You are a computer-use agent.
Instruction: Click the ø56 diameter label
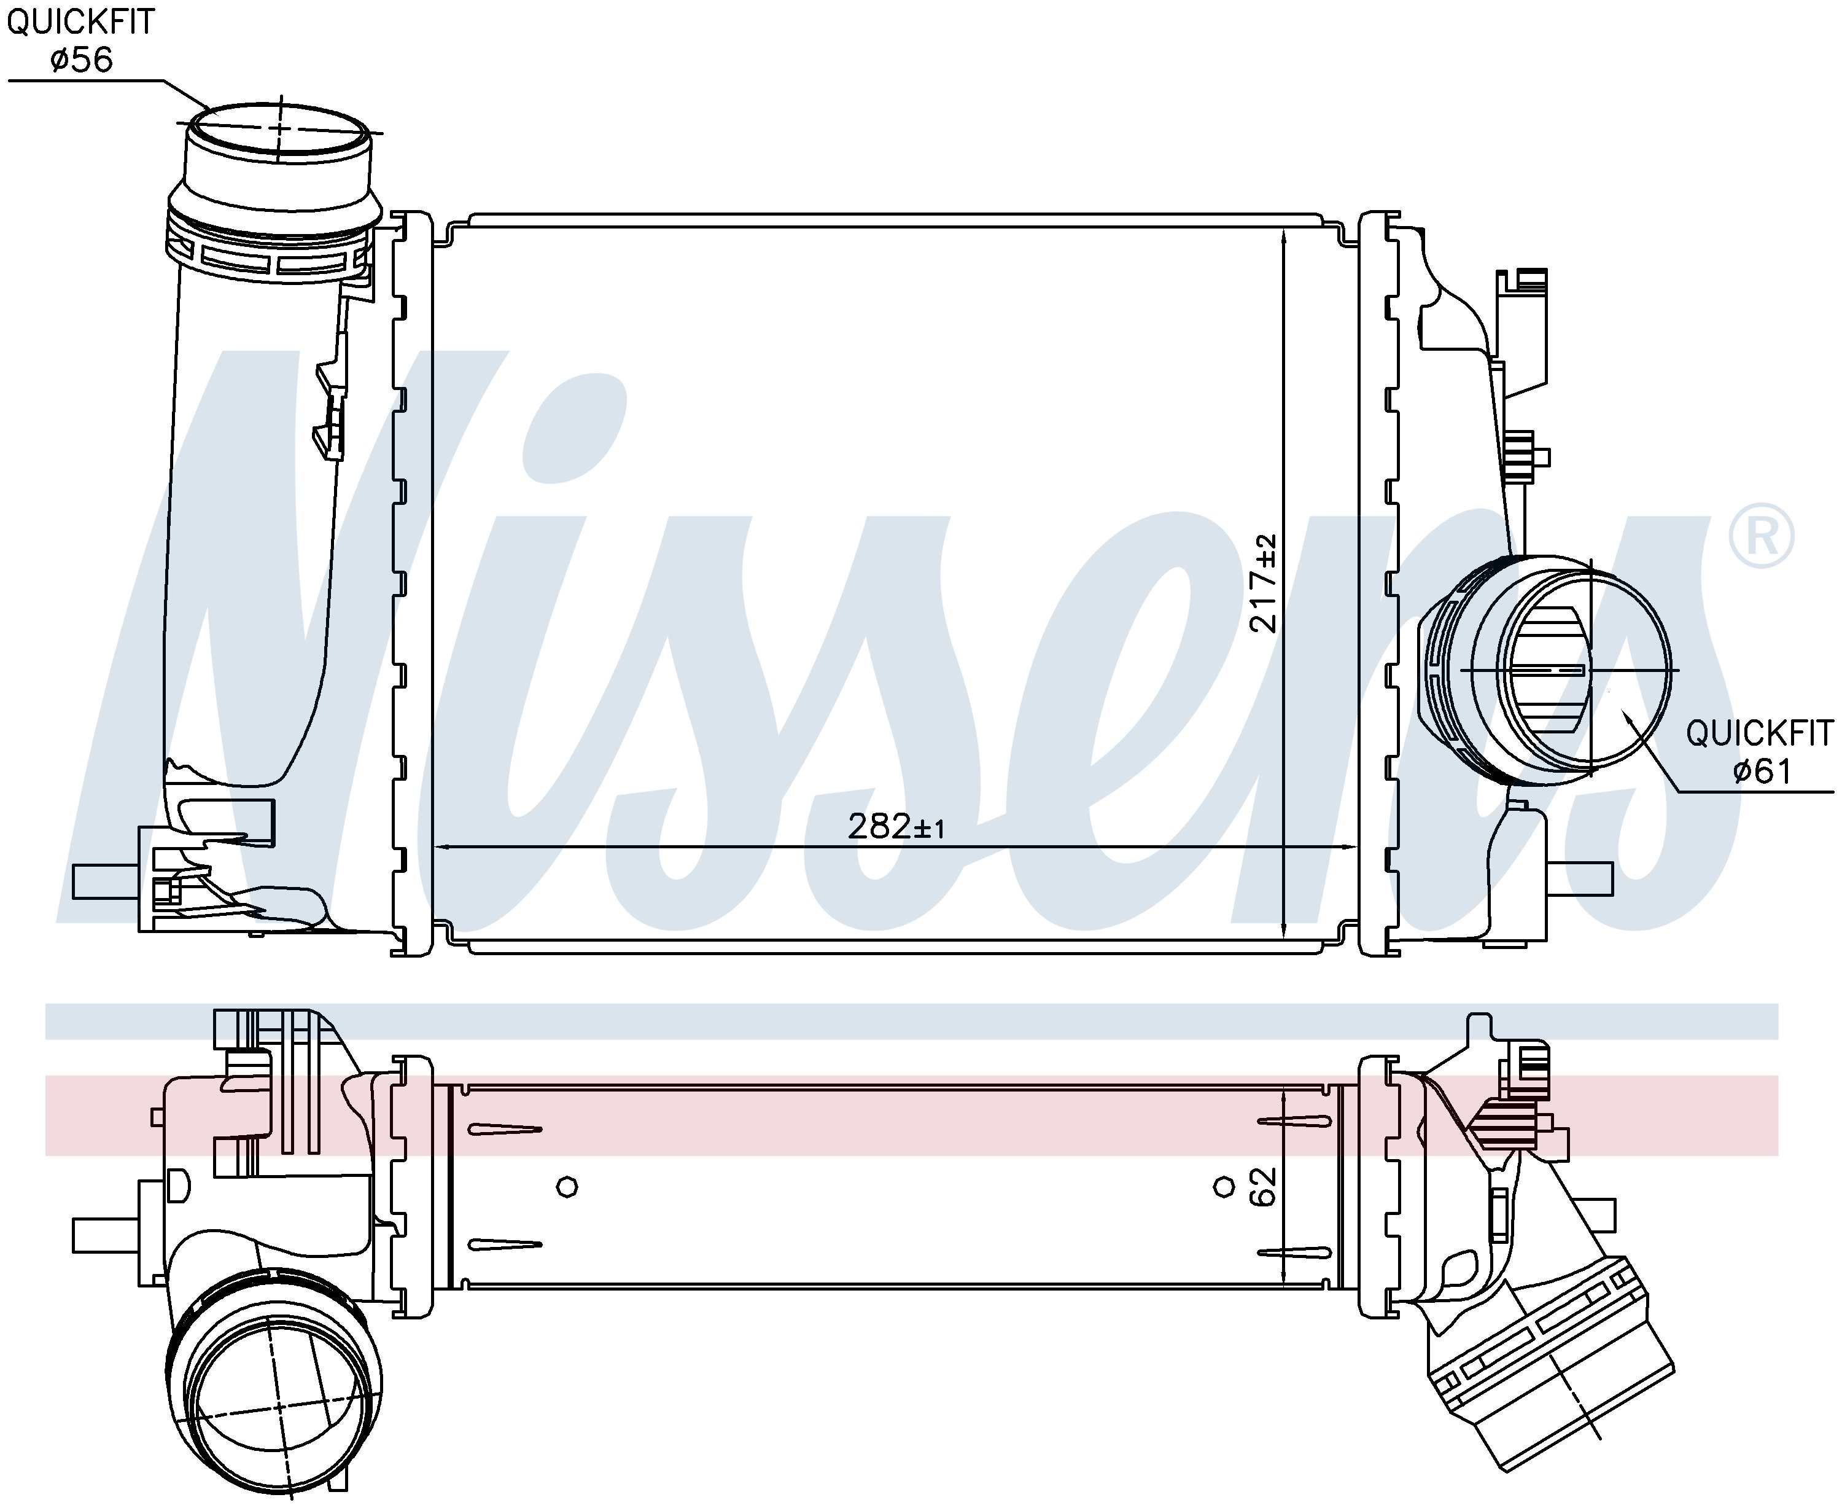pos(82,59)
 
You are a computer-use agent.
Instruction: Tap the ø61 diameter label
pos(1762,770)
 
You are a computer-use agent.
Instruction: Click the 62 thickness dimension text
pos(1264,1187)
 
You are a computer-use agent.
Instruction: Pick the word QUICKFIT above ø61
pos(1760,733)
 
